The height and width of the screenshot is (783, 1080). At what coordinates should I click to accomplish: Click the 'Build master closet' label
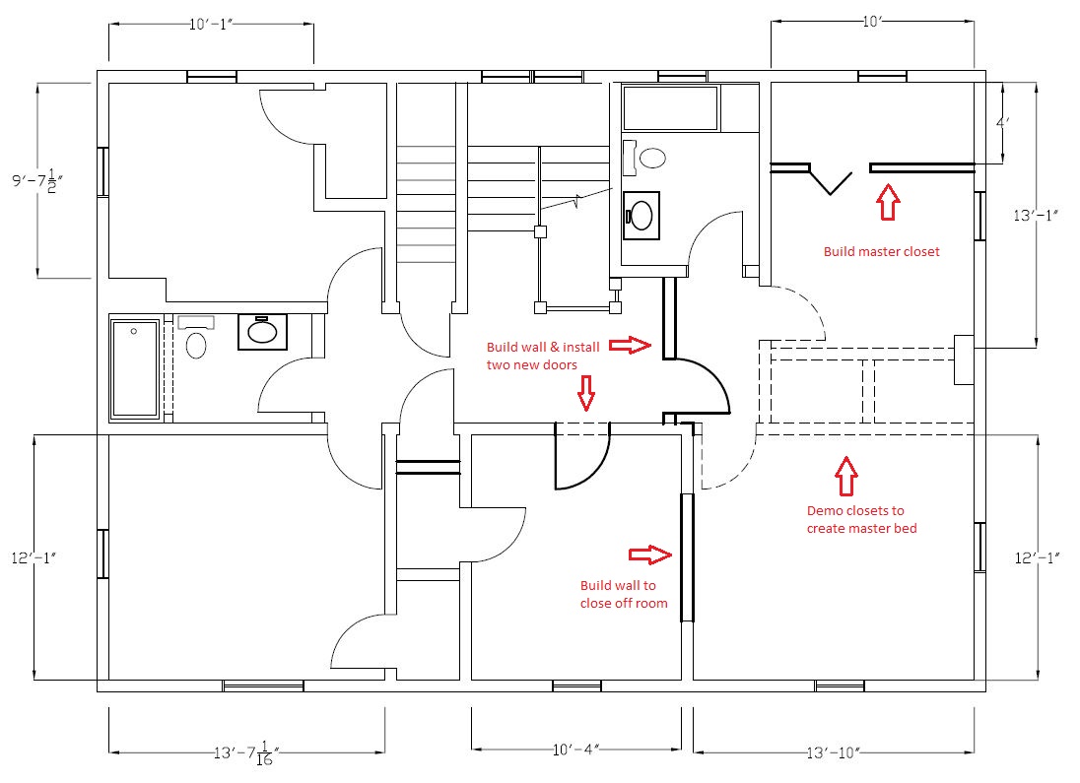click(x=881, y=251)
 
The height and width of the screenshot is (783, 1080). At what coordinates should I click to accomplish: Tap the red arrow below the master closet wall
click(x=888, y=203)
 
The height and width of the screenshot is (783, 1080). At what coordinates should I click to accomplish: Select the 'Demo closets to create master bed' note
click(x=854, y=520)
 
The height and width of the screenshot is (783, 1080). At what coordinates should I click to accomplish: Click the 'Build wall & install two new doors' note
click(x=542, y=356)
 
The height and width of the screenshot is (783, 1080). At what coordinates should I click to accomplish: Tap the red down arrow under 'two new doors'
click(x=586, y=394)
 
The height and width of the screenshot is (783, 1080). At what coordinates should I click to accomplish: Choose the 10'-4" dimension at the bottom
click(x=576, y=752)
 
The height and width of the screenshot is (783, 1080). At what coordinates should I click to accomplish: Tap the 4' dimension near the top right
click(x=1002, y=123)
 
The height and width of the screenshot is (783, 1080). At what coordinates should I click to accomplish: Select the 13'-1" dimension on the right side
click(x=1035, y=214)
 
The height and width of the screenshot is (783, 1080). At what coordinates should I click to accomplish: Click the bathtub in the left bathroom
click(x=134, y=368)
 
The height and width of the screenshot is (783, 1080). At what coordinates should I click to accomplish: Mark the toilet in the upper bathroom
click(x=647, y=156)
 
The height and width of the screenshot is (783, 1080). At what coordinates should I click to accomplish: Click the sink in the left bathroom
click(x=262, y=332)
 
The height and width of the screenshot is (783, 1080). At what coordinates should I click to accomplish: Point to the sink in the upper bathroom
click(x=641, y=215)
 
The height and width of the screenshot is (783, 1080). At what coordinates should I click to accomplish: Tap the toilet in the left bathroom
click(x=195, y=345)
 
